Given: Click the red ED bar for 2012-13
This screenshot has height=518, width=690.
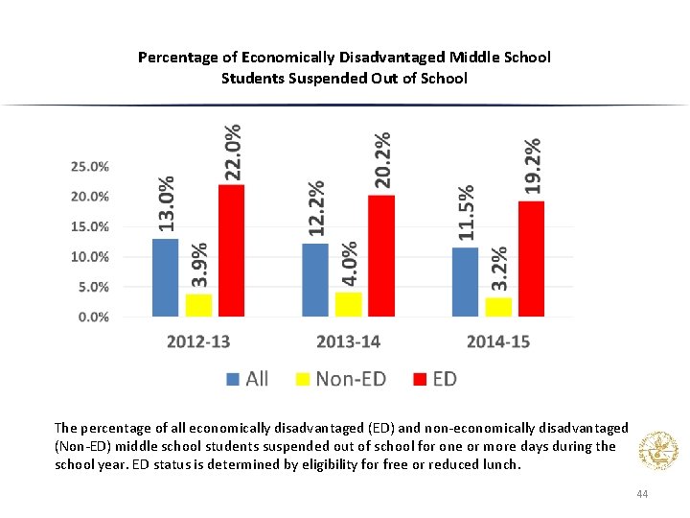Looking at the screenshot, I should pos(231,250).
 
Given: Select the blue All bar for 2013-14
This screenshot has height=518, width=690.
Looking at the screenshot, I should pos(315,280).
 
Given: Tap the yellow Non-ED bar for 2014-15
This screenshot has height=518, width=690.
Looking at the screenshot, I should pos(498,306).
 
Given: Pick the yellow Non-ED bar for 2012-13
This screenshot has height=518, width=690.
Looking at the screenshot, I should pos(198,304).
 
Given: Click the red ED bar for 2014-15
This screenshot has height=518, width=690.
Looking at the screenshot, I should pos(531,259).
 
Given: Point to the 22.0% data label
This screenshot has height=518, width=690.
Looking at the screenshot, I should pos(232,151).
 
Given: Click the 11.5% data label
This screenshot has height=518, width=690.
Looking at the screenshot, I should pos(466,212).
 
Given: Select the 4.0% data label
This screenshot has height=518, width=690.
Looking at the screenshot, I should pos(350,263).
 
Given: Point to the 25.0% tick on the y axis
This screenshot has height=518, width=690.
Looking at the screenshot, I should pos(90,166).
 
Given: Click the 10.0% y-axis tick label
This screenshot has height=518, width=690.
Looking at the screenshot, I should pos(90,257).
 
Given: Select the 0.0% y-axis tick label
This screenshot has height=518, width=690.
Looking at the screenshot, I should pos(93,317).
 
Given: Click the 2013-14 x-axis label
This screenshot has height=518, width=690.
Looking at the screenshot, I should pos(348,341).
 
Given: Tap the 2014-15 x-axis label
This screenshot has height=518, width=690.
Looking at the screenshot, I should pos(497,341).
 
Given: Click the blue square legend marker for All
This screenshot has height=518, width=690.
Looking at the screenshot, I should pos(233,379).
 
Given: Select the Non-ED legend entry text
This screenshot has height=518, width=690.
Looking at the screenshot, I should pos(351,379).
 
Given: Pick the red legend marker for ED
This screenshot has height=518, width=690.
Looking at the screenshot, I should pos(419,379).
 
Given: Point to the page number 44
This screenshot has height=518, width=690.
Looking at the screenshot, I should pos(642,493).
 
